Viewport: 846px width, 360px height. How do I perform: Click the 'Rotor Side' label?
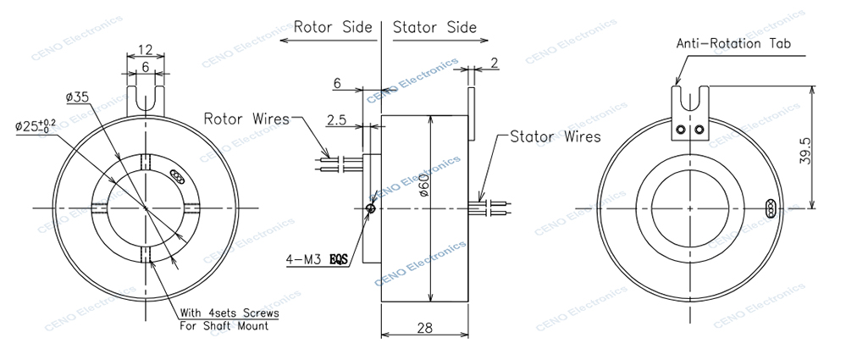click(332, 26)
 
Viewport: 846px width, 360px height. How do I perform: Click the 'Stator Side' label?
click(435, 26)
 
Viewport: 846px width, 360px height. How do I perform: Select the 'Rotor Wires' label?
click(246, 118)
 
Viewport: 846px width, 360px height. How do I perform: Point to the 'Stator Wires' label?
click(555, 136)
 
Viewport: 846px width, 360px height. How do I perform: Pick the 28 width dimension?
click(423, 326)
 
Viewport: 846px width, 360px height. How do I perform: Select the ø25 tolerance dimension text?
click(36, 125)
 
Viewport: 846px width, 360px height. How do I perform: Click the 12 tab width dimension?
click(145, 49)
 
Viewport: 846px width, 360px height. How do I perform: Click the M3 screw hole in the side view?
click(371, 206)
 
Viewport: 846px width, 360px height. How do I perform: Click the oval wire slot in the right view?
click(771, 208)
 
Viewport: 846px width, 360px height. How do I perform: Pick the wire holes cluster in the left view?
click(175, 176)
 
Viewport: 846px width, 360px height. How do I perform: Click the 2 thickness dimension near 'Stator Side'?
click(494, 62)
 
